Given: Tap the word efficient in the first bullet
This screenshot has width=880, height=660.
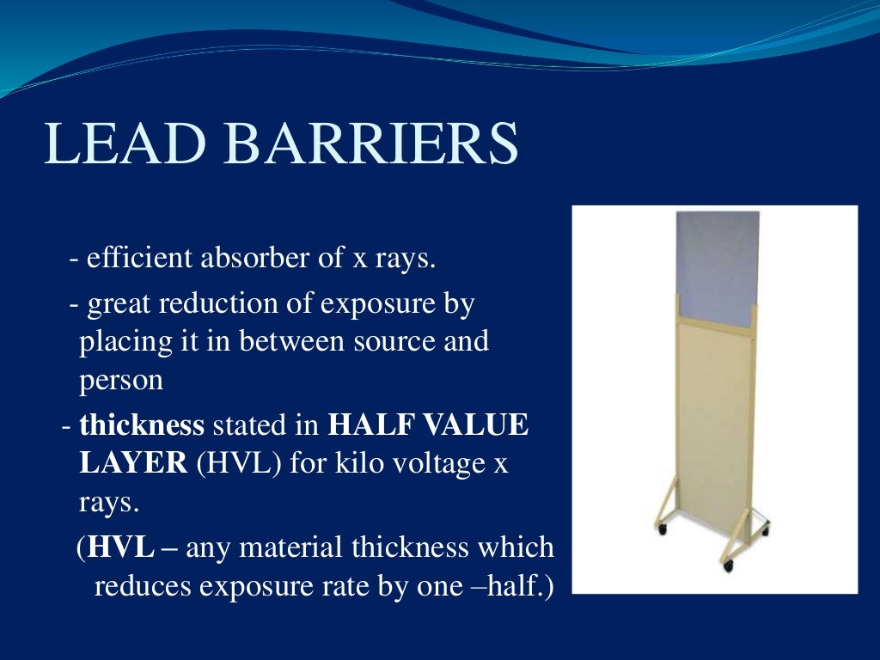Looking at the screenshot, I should [139, 258].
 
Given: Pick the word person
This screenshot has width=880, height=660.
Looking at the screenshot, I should [121, 380].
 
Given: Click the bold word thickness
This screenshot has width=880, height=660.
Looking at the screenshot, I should [142, 425].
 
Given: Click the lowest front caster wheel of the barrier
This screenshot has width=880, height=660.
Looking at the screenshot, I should [728, 567].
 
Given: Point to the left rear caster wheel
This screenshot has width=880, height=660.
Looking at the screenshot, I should [661, 529].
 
